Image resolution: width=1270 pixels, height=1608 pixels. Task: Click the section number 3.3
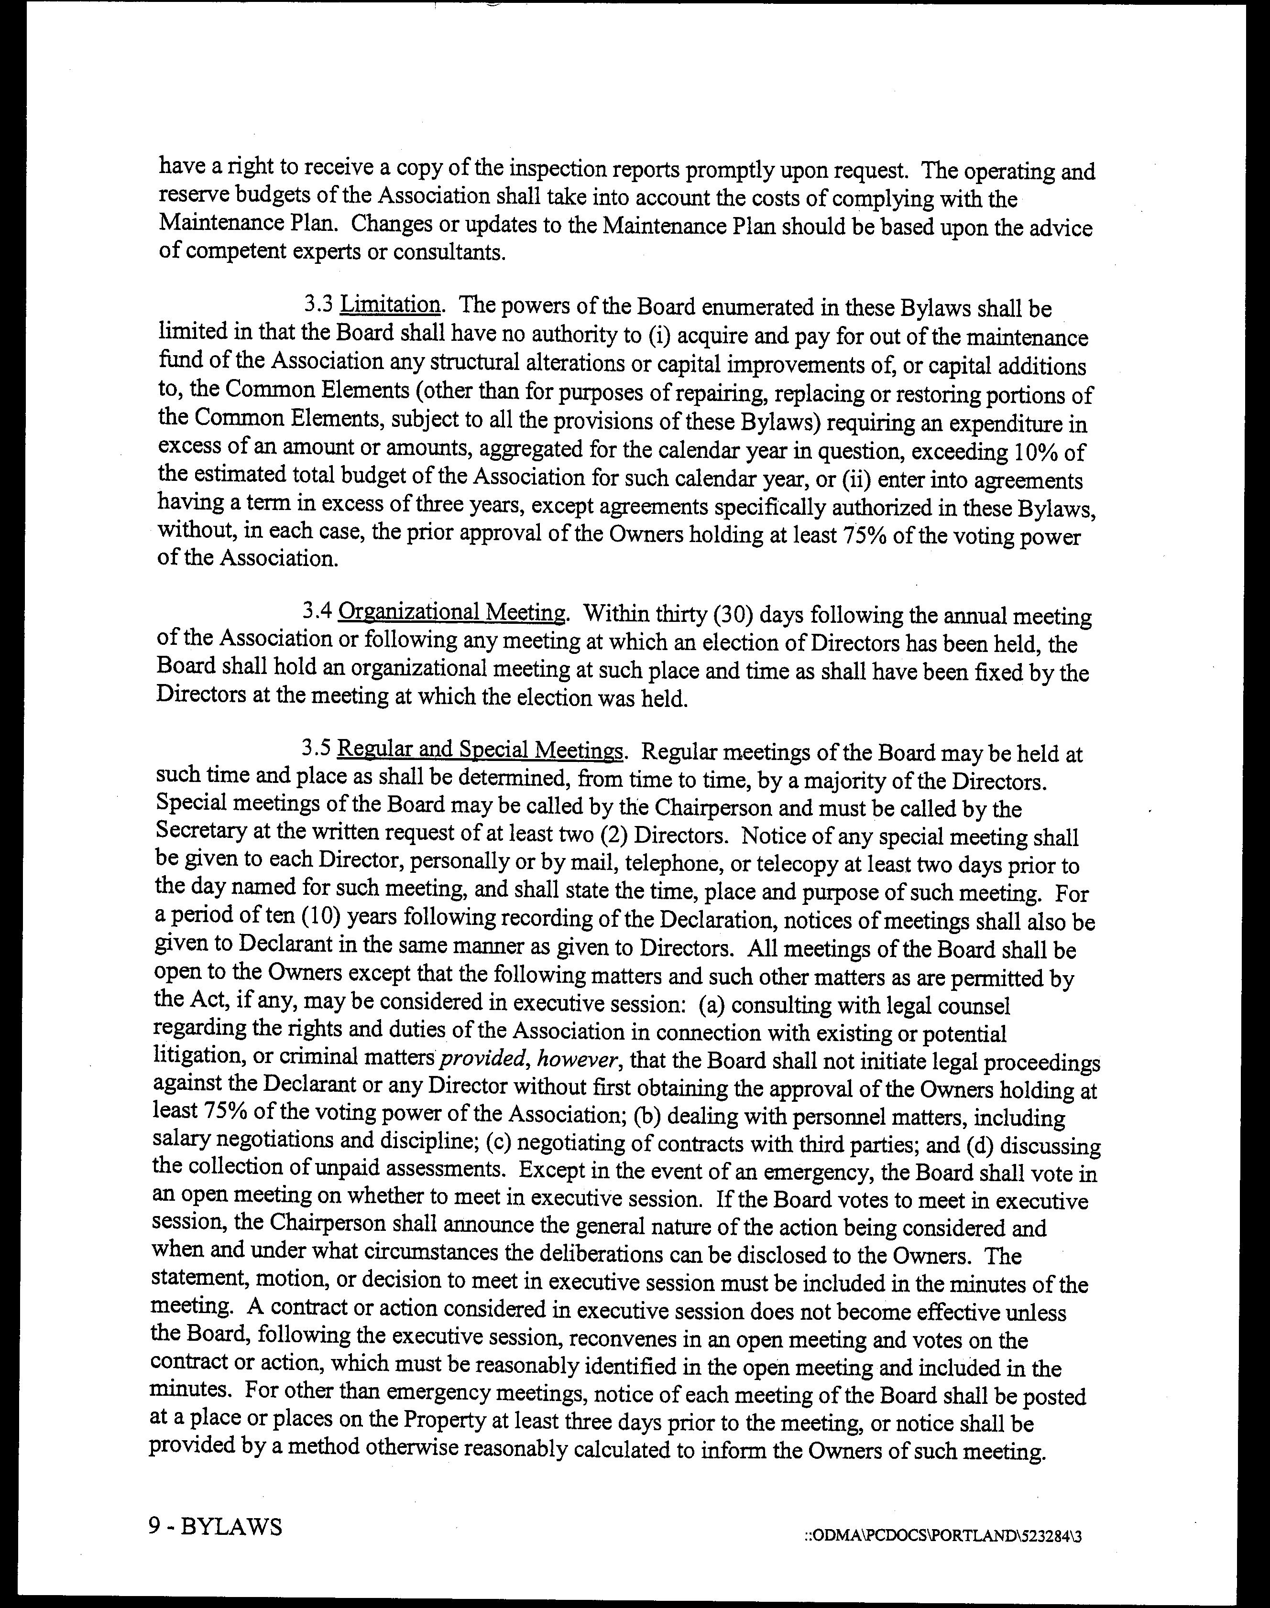[319, 305]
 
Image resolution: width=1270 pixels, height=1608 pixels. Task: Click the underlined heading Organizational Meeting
[451, 613]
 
